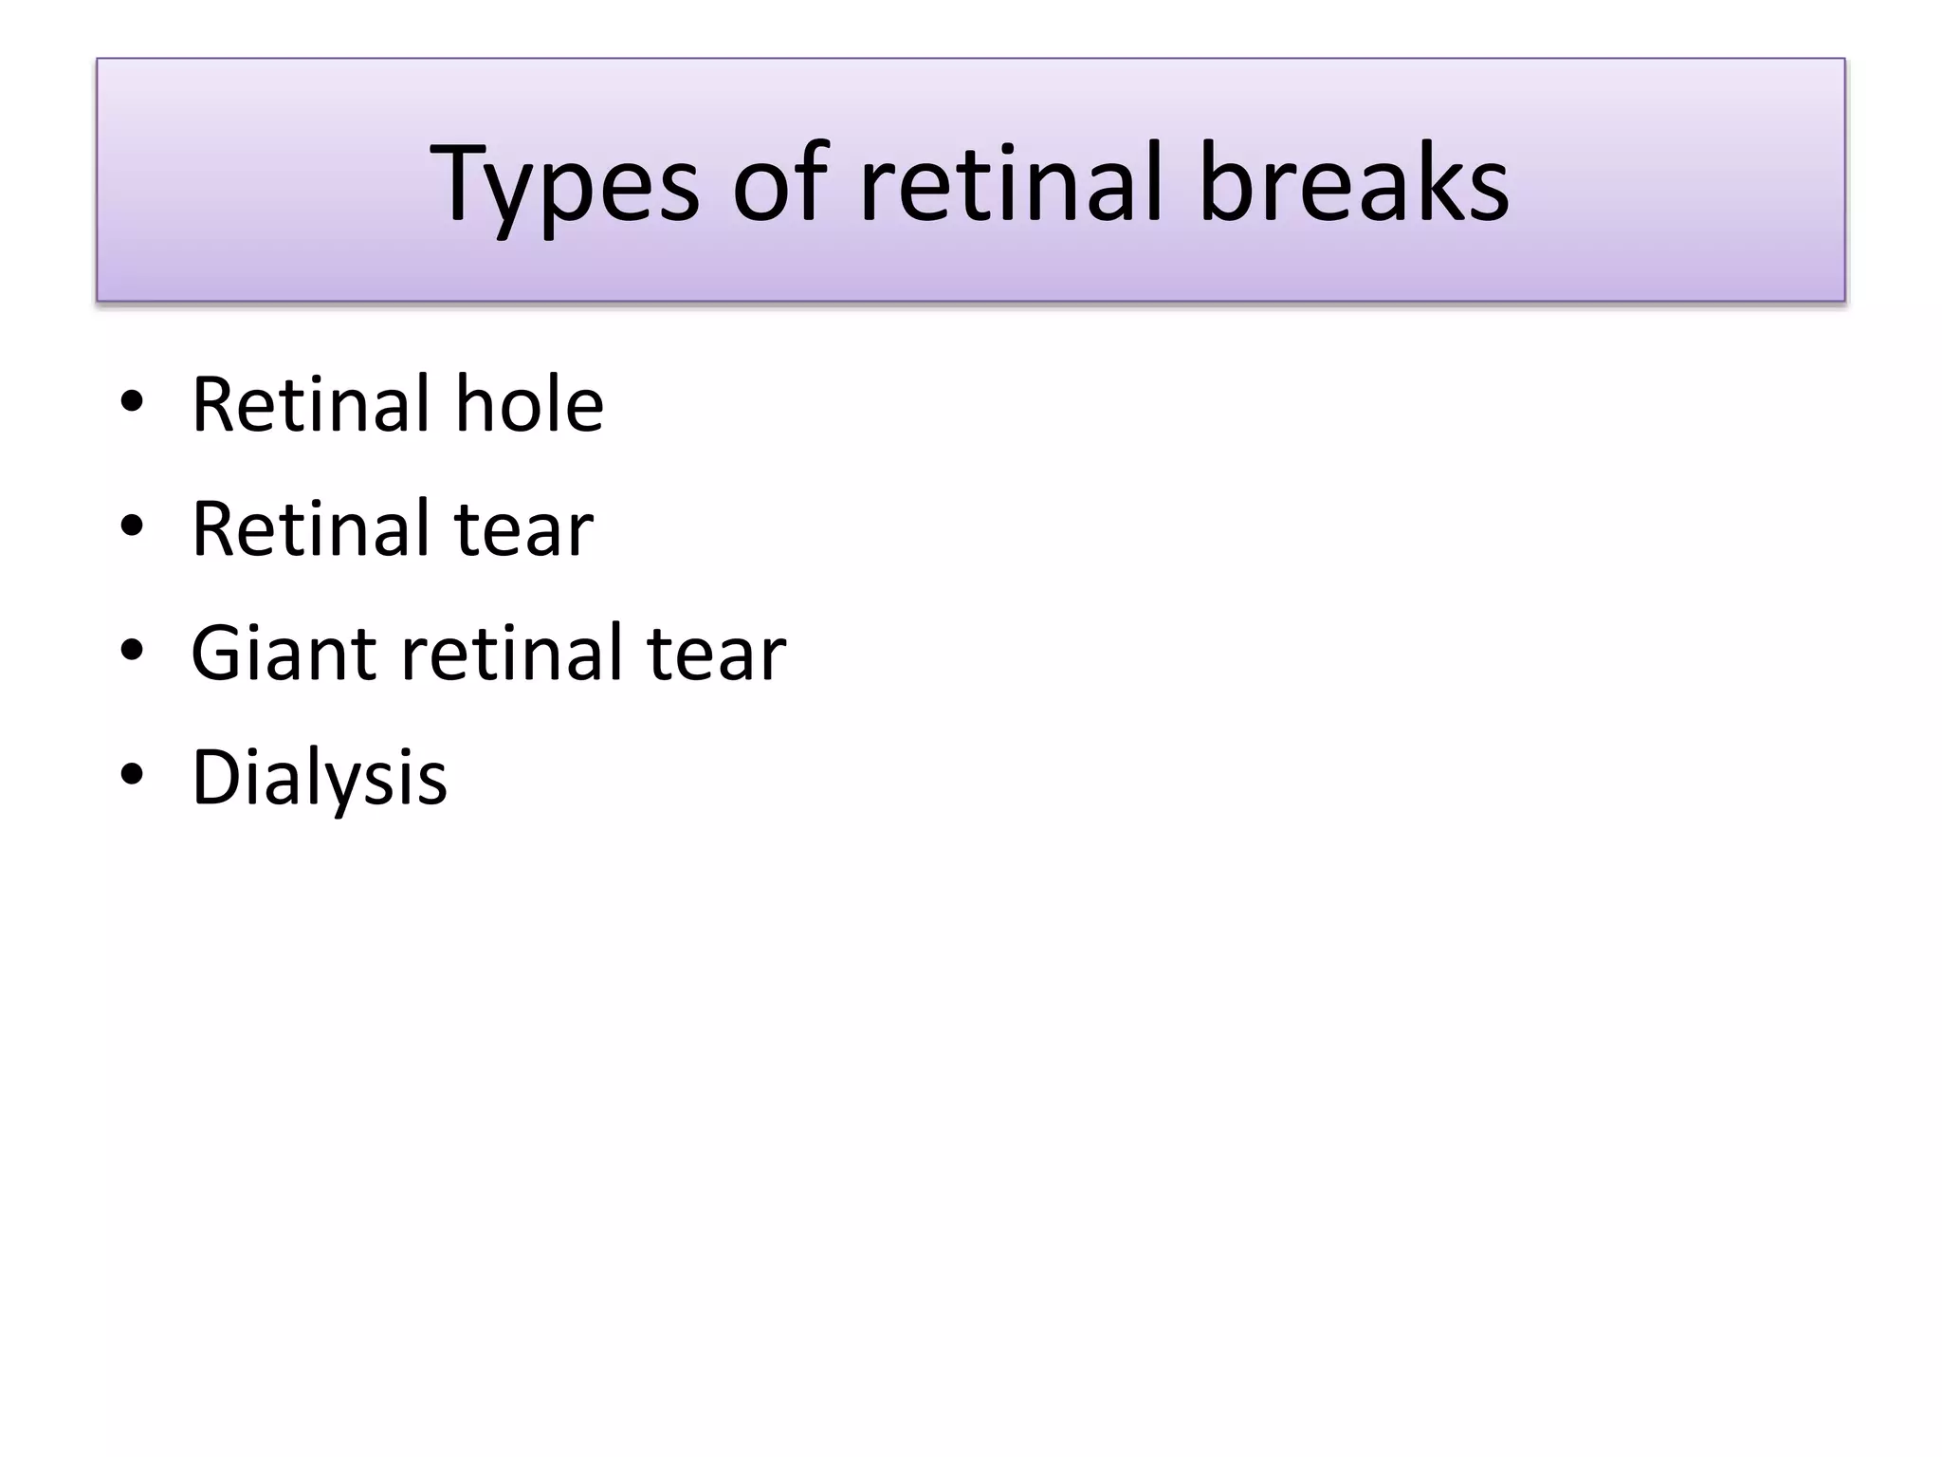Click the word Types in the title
564,184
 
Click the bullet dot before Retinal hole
132,403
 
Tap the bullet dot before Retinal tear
132,527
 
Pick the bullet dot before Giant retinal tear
132,652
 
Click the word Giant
284,653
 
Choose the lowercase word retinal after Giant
511,653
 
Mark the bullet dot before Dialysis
132,776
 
